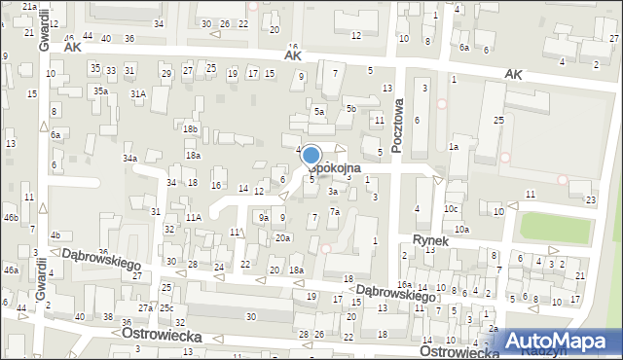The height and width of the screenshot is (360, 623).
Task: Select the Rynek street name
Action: (x=429, y=239)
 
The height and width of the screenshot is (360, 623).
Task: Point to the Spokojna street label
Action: (x=343, y=167)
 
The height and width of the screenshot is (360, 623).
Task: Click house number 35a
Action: (x=100, y=90)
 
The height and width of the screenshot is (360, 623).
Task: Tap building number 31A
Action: (x=139, y=93)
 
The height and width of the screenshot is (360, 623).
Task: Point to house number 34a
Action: (x=129, y=158)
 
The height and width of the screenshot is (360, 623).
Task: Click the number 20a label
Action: (x=282, y=237)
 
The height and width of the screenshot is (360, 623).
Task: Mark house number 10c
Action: (x=451, y=209)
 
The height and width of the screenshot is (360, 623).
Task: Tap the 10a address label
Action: (x=461, y=230)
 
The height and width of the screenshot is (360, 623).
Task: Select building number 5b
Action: (x=350, y=108)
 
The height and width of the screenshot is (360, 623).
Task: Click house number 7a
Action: (x=334, y=212)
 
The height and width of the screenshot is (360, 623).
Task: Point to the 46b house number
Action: (x=11, y=216)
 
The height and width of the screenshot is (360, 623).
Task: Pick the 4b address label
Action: (x=55, y=234)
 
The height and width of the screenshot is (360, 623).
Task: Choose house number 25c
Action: (x=166, y=308)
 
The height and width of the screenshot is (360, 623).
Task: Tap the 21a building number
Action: (x=29, y=7)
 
